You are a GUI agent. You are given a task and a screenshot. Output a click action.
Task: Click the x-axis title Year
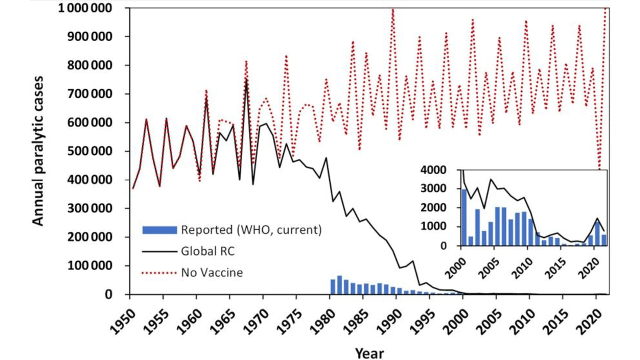click(369, 353)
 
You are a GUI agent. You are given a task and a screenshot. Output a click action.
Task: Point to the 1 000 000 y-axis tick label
click(86, 8)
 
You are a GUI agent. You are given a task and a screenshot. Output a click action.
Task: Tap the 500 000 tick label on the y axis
click(90, 151)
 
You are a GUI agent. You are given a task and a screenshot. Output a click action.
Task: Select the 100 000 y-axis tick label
click(90, 266)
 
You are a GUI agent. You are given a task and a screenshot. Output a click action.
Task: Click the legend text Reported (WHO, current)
click(251, 230)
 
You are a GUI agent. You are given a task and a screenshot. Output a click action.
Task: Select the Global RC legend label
click(208, 251)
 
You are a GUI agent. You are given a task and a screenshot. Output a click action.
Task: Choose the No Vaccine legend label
click(212, 273)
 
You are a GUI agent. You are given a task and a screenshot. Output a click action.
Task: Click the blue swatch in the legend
click(159, 230)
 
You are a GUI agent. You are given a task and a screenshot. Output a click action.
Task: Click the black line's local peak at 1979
click(326, 158)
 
